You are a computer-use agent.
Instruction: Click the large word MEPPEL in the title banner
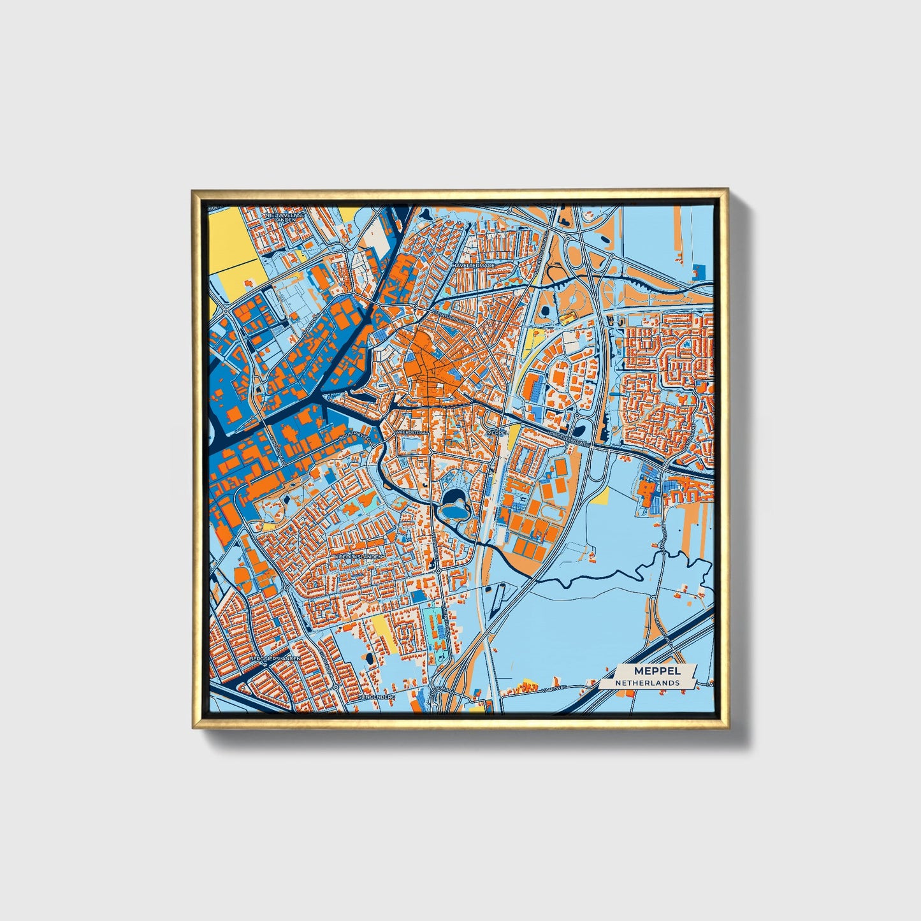coord(657,671)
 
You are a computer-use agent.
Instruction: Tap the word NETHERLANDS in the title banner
coord(647,683)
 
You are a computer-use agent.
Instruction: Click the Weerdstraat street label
coord(413,431)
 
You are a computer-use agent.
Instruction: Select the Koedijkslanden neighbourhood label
coord(359,556)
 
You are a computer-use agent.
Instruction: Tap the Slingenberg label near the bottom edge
coord(377,697)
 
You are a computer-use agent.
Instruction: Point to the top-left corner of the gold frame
coord(192,190)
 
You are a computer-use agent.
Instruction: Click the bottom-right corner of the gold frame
coord(729,728)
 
